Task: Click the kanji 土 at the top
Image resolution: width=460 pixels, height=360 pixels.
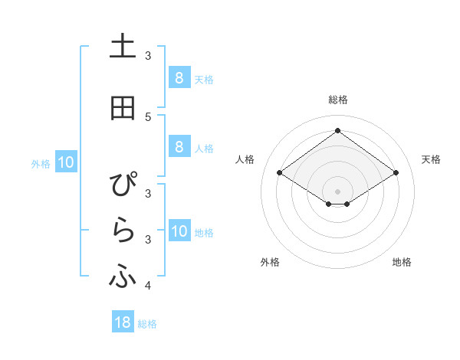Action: pos(123,47)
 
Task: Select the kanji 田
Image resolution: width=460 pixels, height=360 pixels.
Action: pos(123,108)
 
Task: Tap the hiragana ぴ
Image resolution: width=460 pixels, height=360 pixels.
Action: pos(123,185)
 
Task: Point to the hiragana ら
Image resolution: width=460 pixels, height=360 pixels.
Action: pos(123,231)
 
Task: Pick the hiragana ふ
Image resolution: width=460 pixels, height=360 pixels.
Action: pos(123,277)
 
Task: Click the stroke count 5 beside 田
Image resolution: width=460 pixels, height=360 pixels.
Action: pos(148,116)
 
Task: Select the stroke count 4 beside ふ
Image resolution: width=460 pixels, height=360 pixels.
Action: pos(148,286)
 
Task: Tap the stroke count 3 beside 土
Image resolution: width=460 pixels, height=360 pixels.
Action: pos(148,55)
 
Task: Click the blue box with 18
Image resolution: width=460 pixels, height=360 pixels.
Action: pos(123,322)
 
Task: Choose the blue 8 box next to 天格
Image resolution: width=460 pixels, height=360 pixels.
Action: pos(179,77)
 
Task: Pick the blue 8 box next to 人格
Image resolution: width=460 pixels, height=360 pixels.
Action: pos(179,147)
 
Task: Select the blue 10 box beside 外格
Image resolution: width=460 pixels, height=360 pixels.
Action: pos(65,162)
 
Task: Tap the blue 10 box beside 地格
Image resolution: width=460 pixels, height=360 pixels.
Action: pos(179,231)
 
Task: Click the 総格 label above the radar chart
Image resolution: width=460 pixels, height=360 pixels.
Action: pos(337,100)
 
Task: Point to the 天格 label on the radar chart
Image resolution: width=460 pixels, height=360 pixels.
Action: pos(431,159)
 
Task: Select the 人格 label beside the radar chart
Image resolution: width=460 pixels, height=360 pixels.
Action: pos(245,159)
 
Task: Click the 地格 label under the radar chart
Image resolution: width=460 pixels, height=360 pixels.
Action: pos(402,263)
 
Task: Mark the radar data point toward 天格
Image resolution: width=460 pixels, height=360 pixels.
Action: pos(396,173)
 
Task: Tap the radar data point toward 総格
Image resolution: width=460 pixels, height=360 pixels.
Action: pos(337,131)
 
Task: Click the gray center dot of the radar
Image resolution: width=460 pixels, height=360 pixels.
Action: pos(337,191)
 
